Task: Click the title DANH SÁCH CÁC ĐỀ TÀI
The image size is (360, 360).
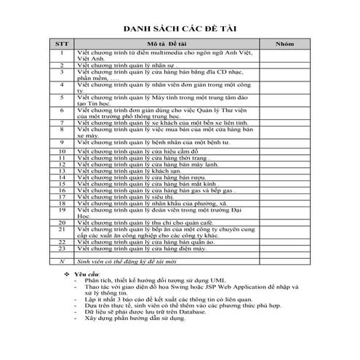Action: (x=179, y=28)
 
